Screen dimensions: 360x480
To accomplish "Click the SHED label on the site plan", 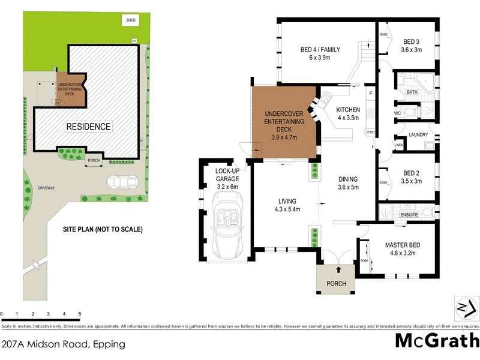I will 130,20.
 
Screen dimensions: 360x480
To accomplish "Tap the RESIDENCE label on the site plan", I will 88,127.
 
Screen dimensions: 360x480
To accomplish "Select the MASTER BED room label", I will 402,249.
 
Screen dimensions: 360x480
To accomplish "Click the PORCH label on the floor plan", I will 336,284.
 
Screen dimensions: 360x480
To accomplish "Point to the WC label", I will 397,113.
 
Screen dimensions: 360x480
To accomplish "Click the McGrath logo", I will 436,341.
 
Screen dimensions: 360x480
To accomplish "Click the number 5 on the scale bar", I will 79,314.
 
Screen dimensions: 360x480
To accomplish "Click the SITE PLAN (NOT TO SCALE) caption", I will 103,229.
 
